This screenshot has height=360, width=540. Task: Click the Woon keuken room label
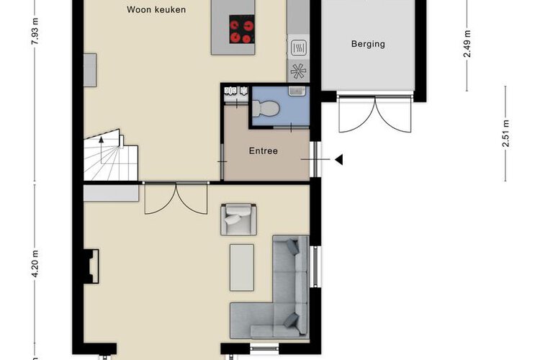pyautogui.click(x=156, y=9)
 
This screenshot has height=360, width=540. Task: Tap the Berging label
pyautogui.click(x=368, y=44)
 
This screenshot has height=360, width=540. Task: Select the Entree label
pyautogui.click(x=263, y=151)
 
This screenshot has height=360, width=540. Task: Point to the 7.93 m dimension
pyautogui.click(x=35, y=31)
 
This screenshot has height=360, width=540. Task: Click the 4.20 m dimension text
pyautogui.click(x=35, y=264)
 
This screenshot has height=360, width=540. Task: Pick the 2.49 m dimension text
pyautogui.click(x=467, y=44)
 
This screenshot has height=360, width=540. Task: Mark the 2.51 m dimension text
pyautogui.click(x=505, y=133)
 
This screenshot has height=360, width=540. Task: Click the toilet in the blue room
pyautogui.click(x=266, y=108)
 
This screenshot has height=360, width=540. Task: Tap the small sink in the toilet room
pyautogui.click(x=297, y=91)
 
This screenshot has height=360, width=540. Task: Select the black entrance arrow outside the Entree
pyautogui.click(x=339, y=160)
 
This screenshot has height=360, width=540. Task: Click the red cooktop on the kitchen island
pyautogui.click(x=242, y=30)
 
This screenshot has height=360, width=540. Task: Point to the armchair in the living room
pyautogui.click(x=238, y=219)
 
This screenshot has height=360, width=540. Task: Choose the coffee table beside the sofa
pyautogui.click(x=242, y=268)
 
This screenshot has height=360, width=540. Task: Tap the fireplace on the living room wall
pyautogui.click(x=91, y=266)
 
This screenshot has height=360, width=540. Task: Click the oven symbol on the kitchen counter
pyautogui.click(x=298, y=48)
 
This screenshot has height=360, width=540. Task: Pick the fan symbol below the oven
pyautogui.click(x=298, y=71)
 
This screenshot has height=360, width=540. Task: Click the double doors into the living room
pyautogui.click(x=176, y=198)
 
